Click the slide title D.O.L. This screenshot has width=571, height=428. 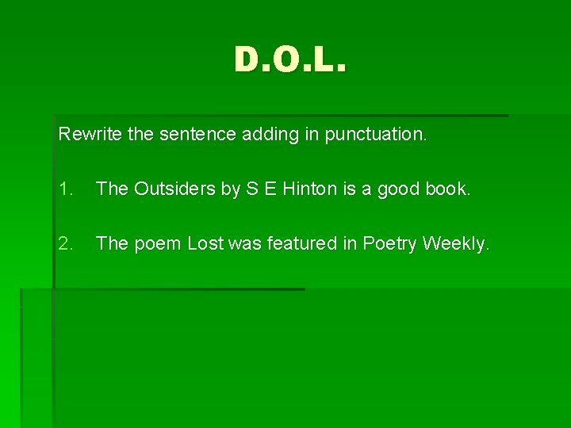[290, 59]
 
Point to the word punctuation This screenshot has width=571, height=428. [370, 135]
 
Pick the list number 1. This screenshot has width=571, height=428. [66, 189]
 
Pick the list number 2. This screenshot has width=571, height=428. [66, 243]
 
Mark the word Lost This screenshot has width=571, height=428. [205, 243]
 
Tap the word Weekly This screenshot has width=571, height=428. [456, 243]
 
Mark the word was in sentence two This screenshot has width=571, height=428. [243, 243]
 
